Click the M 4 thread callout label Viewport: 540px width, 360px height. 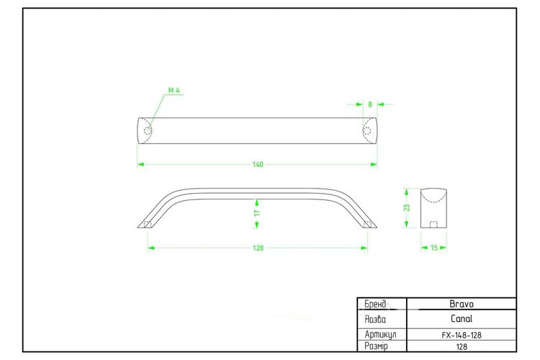[174, 90]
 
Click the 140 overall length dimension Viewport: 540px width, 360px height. [258, 164]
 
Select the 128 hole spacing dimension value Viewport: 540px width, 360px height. [258, 248]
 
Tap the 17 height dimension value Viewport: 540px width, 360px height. [257, 213]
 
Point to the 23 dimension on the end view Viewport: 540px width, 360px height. [407, 208]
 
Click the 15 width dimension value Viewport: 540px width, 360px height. [434, 248]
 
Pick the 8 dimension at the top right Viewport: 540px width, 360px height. [370, 104]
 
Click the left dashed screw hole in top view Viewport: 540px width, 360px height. [148, 131]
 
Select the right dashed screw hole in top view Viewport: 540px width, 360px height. [366, 131]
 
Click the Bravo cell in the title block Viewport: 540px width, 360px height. [462, 304]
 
